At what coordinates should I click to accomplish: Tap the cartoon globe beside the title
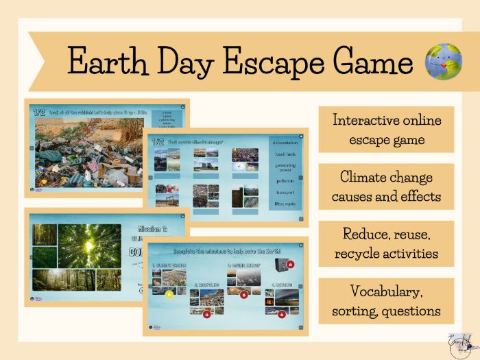443,62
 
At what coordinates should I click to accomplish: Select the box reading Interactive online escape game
386,130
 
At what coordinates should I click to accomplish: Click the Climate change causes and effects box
386,187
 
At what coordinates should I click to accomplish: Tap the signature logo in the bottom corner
459,345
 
